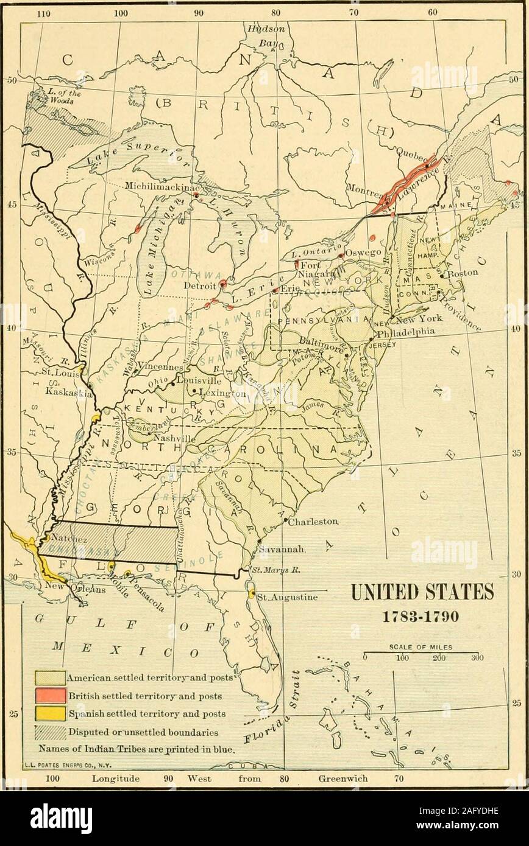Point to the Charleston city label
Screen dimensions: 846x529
tap(313, 522)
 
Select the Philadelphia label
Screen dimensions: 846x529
tap(405, 332)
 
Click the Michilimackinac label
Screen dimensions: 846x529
tap(158, 185)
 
